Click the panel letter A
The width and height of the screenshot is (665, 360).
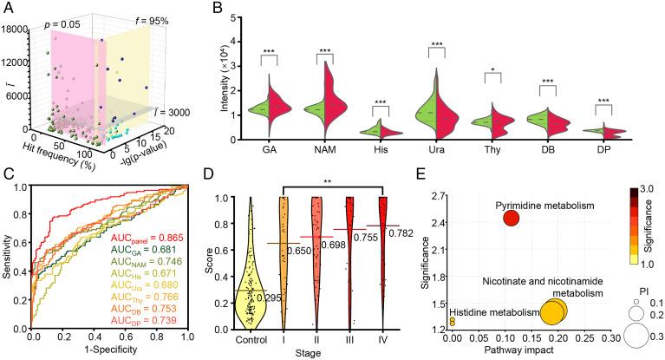click(7, 8)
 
